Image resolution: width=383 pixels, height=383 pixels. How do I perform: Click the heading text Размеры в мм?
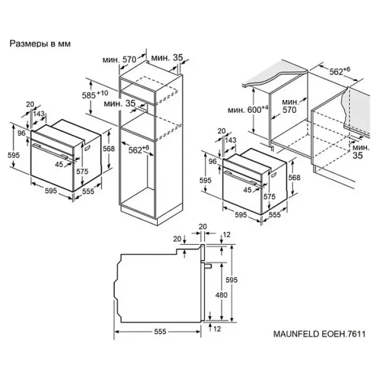click(40, 44)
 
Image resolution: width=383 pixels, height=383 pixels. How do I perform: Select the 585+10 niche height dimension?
click(95, 95)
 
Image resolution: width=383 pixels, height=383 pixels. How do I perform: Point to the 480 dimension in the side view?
click(221, 295)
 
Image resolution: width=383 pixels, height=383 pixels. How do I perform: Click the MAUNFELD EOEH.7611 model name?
click(320, 334)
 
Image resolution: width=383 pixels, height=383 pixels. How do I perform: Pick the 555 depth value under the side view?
click(160, 331)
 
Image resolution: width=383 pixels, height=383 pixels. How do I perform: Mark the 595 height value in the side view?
click(231, 280)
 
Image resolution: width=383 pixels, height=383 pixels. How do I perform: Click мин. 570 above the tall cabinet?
click(120, 60)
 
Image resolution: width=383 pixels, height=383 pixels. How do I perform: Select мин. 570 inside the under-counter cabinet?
click(290, 106)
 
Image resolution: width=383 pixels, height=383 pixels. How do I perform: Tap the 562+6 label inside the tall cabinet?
click(138, 149)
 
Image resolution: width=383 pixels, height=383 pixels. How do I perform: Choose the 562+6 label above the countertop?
click(339, 71)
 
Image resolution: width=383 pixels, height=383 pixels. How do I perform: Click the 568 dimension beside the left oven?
click(109, 148)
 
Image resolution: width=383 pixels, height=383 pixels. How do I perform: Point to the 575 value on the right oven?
click(269, 196)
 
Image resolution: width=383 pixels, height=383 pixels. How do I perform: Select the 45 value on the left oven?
click(59, 164)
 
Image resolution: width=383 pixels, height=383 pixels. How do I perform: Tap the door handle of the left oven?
click(50, 152)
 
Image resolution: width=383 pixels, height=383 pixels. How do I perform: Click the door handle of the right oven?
click(240, 178)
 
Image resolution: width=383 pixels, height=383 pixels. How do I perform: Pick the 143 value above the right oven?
click(230, 140)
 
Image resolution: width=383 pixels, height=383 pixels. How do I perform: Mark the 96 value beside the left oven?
click(21, 133)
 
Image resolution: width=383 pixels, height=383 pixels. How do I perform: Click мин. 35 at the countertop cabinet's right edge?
click(361, 152)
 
